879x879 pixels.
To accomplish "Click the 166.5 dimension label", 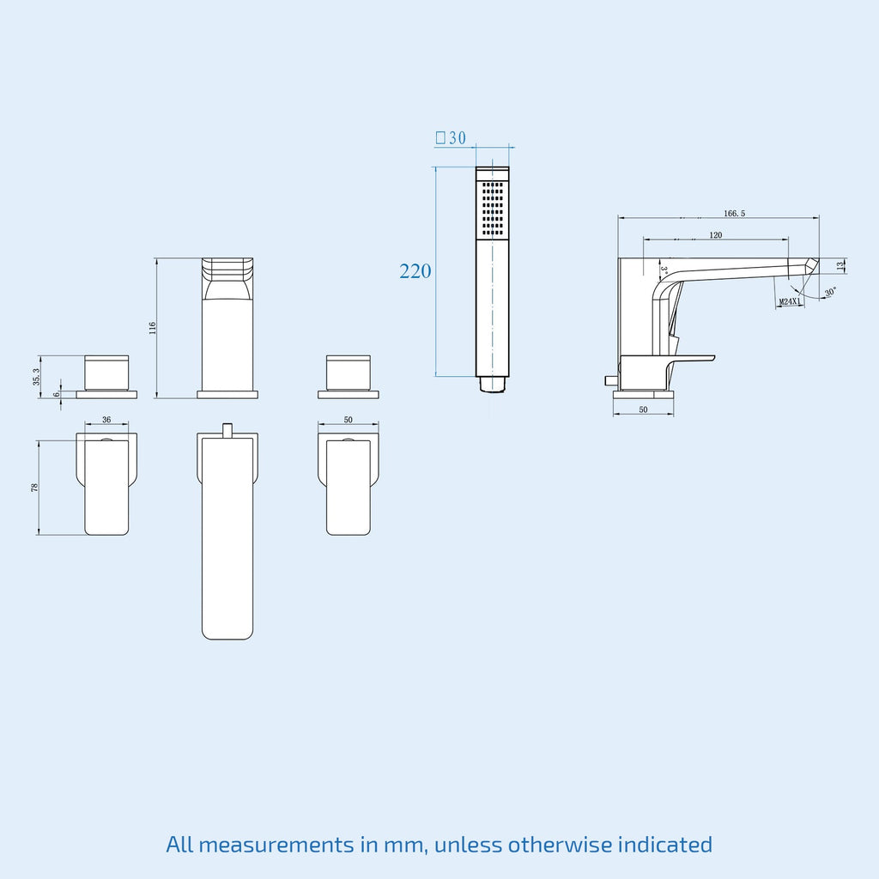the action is pos(735,214).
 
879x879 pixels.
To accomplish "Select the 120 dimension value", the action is pos(716,235).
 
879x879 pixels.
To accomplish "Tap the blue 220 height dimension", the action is pos(415,271).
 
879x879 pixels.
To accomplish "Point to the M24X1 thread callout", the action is pos(791,302).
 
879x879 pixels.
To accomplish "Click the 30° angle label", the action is pos(831,292).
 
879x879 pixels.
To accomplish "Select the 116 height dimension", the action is pos(153,329).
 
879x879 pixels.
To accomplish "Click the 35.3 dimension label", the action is pos(36,377).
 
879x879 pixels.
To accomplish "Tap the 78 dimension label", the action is pos(34,488).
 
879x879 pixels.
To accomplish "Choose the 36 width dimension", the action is pos(106,419).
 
